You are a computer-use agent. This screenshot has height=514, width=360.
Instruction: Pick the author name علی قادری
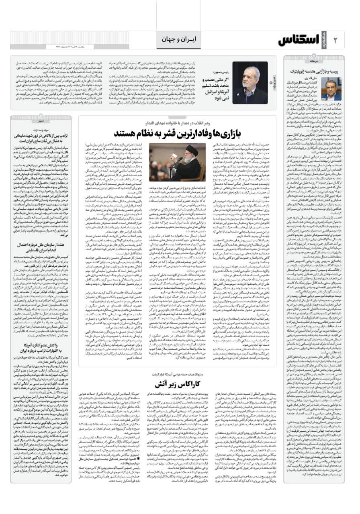(311, 80)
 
